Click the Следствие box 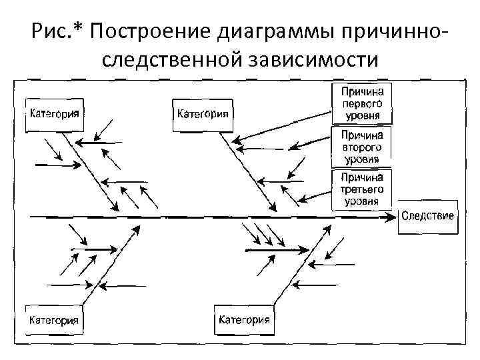428,216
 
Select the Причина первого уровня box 363,103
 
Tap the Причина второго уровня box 362,147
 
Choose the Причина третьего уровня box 362,189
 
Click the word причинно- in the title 404,31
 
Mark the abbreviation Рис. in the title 49,31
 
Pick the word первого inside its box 363,103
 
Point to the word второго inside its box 362,147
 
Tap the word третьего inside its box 362,189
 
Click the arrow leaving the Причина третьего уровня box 313,196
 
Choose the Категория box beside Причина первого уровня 203,113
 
